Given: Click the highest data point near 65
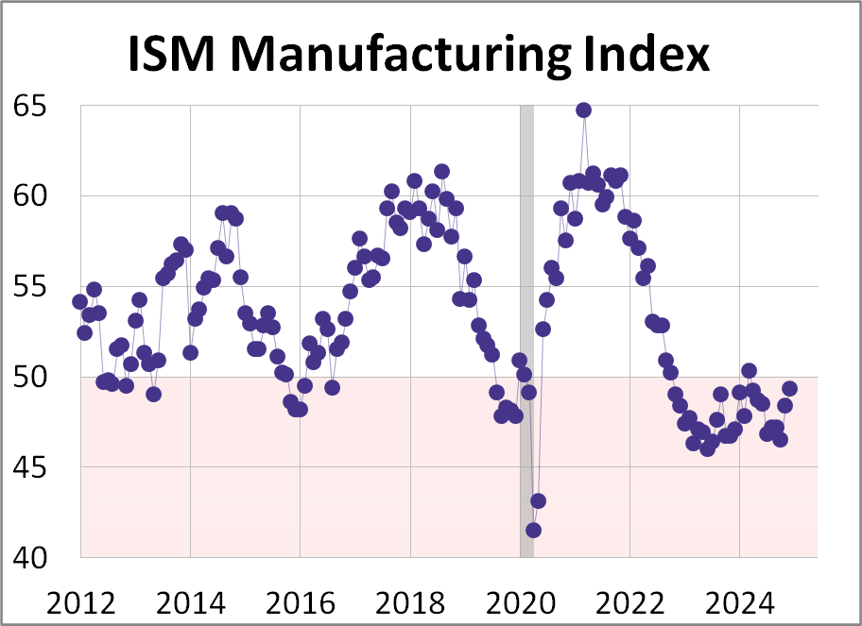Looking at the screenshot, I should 583,110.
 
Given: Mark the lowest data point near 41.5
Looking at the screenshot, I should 533,530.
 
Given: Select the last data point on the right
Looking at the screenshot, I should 789,388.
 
